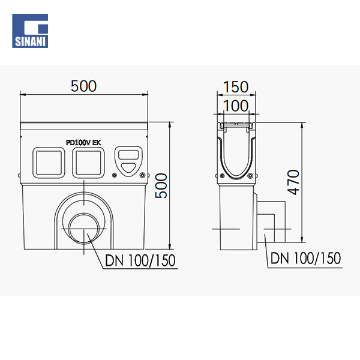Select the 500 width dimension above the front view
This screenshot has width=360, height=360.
pos(83,86)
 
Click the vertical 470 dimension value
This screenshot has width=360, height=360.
pos(292,181)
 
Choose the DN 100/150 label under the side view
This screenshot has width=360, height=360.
pos(305,258)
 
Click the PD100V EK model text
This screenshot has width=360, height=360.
pos(83,142)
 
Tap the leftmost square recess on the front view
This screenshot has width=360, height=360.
pos(49,163)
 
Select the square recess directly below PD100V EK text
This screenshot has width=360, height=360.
pos(88,163)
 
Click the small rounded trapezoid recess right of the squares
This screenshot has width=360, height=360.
pos(127,160)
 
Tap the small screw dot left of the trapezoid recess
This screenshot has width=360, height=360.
pos(115,176)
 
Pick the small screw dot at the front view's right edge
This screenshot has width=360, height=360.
pos(142,175)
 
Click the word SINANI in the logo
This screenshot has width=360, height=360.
pos(30,42)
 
